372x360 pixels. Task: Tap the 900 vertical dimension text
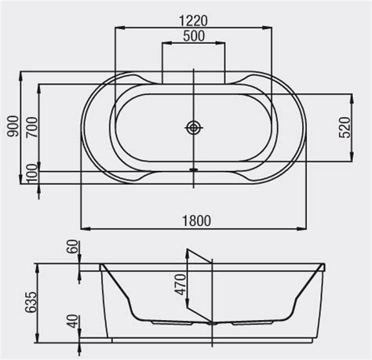(x=11, y=125)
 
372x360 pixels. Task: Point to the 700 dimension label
(x=31, y=125)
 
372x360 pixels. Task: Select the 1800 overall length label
(x=191, y=221)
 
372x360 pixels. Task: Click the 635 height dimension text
(x=31, y=300)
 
